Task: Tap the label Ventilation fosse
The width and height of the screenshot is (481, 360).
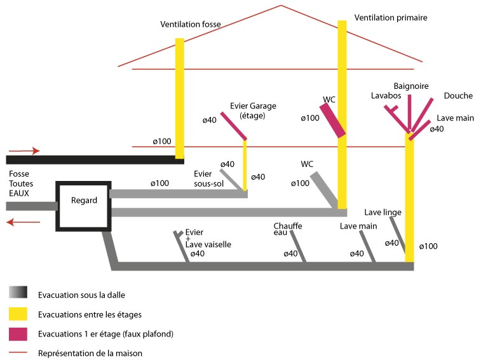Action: tap(191, 25)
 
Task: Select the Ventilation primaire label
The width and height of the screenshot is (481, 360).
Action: tap(391, 18)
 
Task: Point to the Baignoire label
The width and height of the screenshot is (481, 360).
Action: tap(411, 86)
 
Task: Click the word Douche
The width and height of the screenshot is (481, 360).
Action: tap(458, 96)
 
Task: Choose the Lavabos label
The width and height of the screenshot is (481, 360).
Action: tap(386, 95)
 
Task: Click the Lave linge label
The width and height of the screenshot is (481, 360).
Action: tap(383, 212)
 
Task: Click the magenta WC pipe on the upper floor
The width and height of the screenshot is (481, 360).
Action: tap(333, 120)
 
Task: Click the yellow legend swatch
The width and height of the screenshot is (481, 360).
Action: tap(18, 313)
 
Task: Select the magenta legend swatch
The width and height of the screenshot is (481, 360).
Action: tap(18, 333)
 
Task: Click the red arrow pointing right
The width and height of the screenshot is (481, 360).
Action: tap(25, 151)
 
